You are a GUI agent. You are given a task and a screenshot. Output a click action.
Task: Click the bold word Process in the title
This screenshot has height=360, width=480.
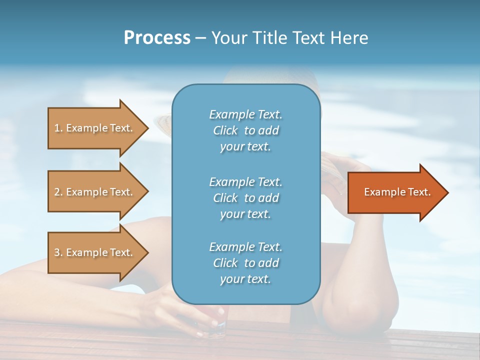tap(157, 38)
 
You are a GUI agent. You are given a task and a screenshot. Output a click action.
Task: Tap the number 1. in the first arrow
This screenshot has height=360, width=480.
tap(58, 128)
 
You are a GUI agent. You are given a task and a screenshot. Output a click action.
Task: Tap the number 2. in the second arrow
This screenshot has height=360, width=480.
tap(58, 192)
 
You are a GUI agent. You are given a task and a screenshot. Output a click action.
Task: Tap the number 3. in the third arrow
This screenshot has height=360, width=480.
tap(58, 252)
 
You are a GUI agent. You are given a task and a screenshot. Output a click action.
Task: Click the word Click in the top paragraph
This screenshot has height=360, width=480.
tap(225, 131)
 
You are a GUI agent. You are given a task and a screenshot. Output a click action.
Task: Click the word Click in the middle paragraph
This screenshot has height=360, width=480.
tap(225, 198)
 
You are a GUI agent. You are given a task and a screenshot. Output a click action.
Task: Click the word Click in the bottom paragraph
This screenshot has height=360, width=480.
tap(225, 263)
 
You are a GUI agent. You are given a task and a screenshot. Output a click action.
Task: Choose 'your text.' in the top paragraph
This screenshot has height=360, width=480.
tap(245, 147)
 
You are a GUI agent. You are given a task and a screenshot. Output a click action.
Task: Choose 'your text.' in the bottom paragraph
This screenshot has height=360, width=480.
tap(245, 279)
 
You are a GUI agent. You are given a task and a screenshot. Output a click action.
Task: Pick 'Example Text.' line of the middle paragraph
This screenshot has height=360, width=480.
tap(245, 181)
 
